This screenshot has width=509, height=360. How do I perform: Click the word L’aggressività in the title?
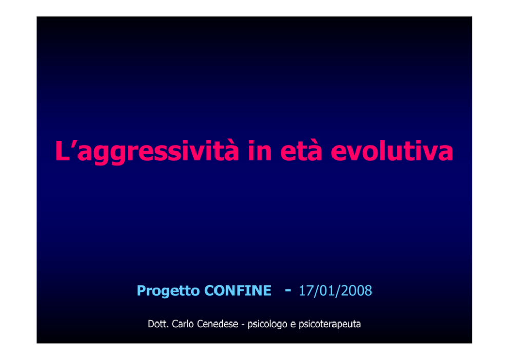click(147, 151)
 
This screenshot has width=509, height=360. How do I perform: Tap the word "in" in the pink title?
click(260, 150)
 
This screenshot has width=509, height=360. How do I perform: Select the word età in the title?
click(301, 150)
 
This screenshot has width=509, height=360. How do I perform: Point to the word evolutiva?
click(392, 150)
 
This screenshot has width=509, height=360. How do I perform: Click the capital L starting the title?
click(62, 150)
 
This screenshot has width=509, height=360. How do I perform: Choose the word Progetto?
click(168, 291)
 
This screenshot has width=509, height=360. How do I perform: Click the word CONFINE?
click(238, 290)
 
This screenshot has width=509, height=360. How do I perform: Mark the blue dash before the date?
click(288, 289)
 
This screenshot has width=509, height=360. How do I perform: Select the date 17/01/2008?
click(336, 291)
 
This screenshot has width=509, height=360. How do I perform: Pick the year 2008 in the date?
click(357, 291)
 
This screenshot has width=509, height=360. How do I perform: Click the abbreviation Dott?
click(158, 324)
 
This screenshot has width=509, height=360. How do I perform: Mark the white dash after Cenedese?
click(243, 325)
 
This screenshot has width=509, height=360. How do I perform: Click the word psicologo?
click(267, 324)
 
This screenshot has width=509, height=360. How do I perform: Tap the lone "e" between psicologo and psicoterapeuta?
click(293, 325)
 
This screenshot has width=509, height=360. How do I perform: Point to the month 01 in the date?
click(326, 291)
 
